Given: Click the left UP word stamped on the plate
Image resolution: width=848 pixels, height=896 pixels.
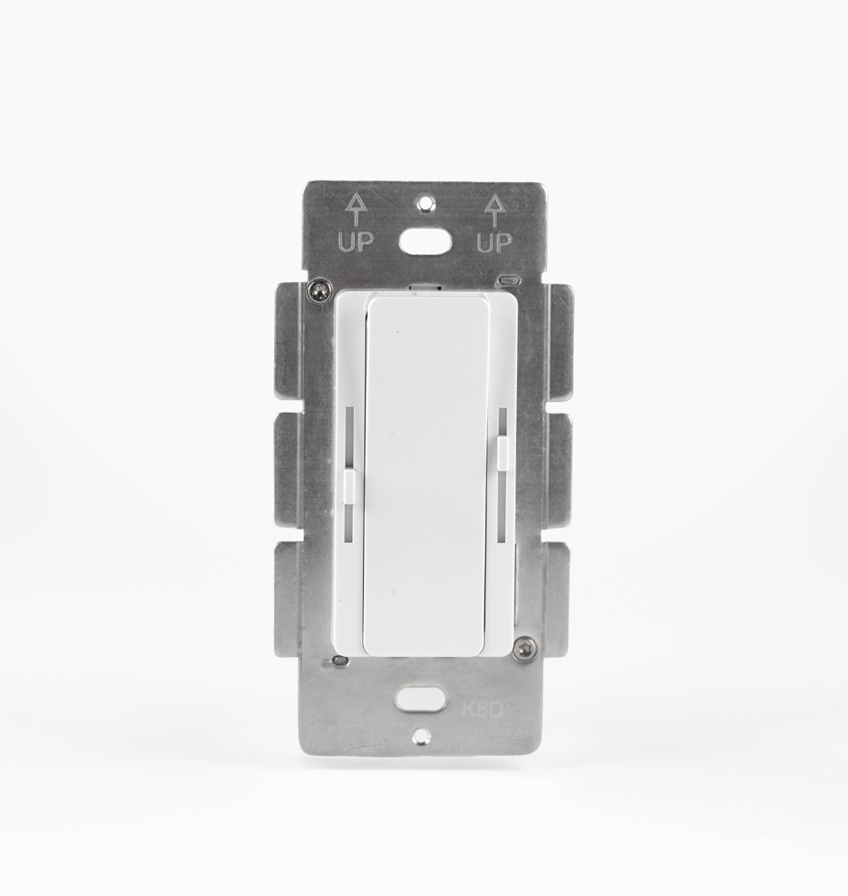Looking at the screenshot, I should (x=356, y=243).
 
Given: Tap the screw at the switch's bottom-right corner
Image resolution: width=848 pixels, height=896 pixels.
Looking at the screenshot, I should (x=528, y=644).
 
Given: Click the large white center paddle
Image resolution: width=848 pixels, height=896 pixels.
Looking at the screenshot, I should (x=426, y=478).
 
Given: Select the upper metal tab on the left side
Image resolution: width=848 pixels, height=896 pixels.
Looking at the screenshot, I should (x=294, y=340).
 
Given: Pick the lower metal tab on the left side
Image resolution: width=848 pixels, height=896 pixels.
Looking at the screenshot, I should (x=294, y=597).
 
